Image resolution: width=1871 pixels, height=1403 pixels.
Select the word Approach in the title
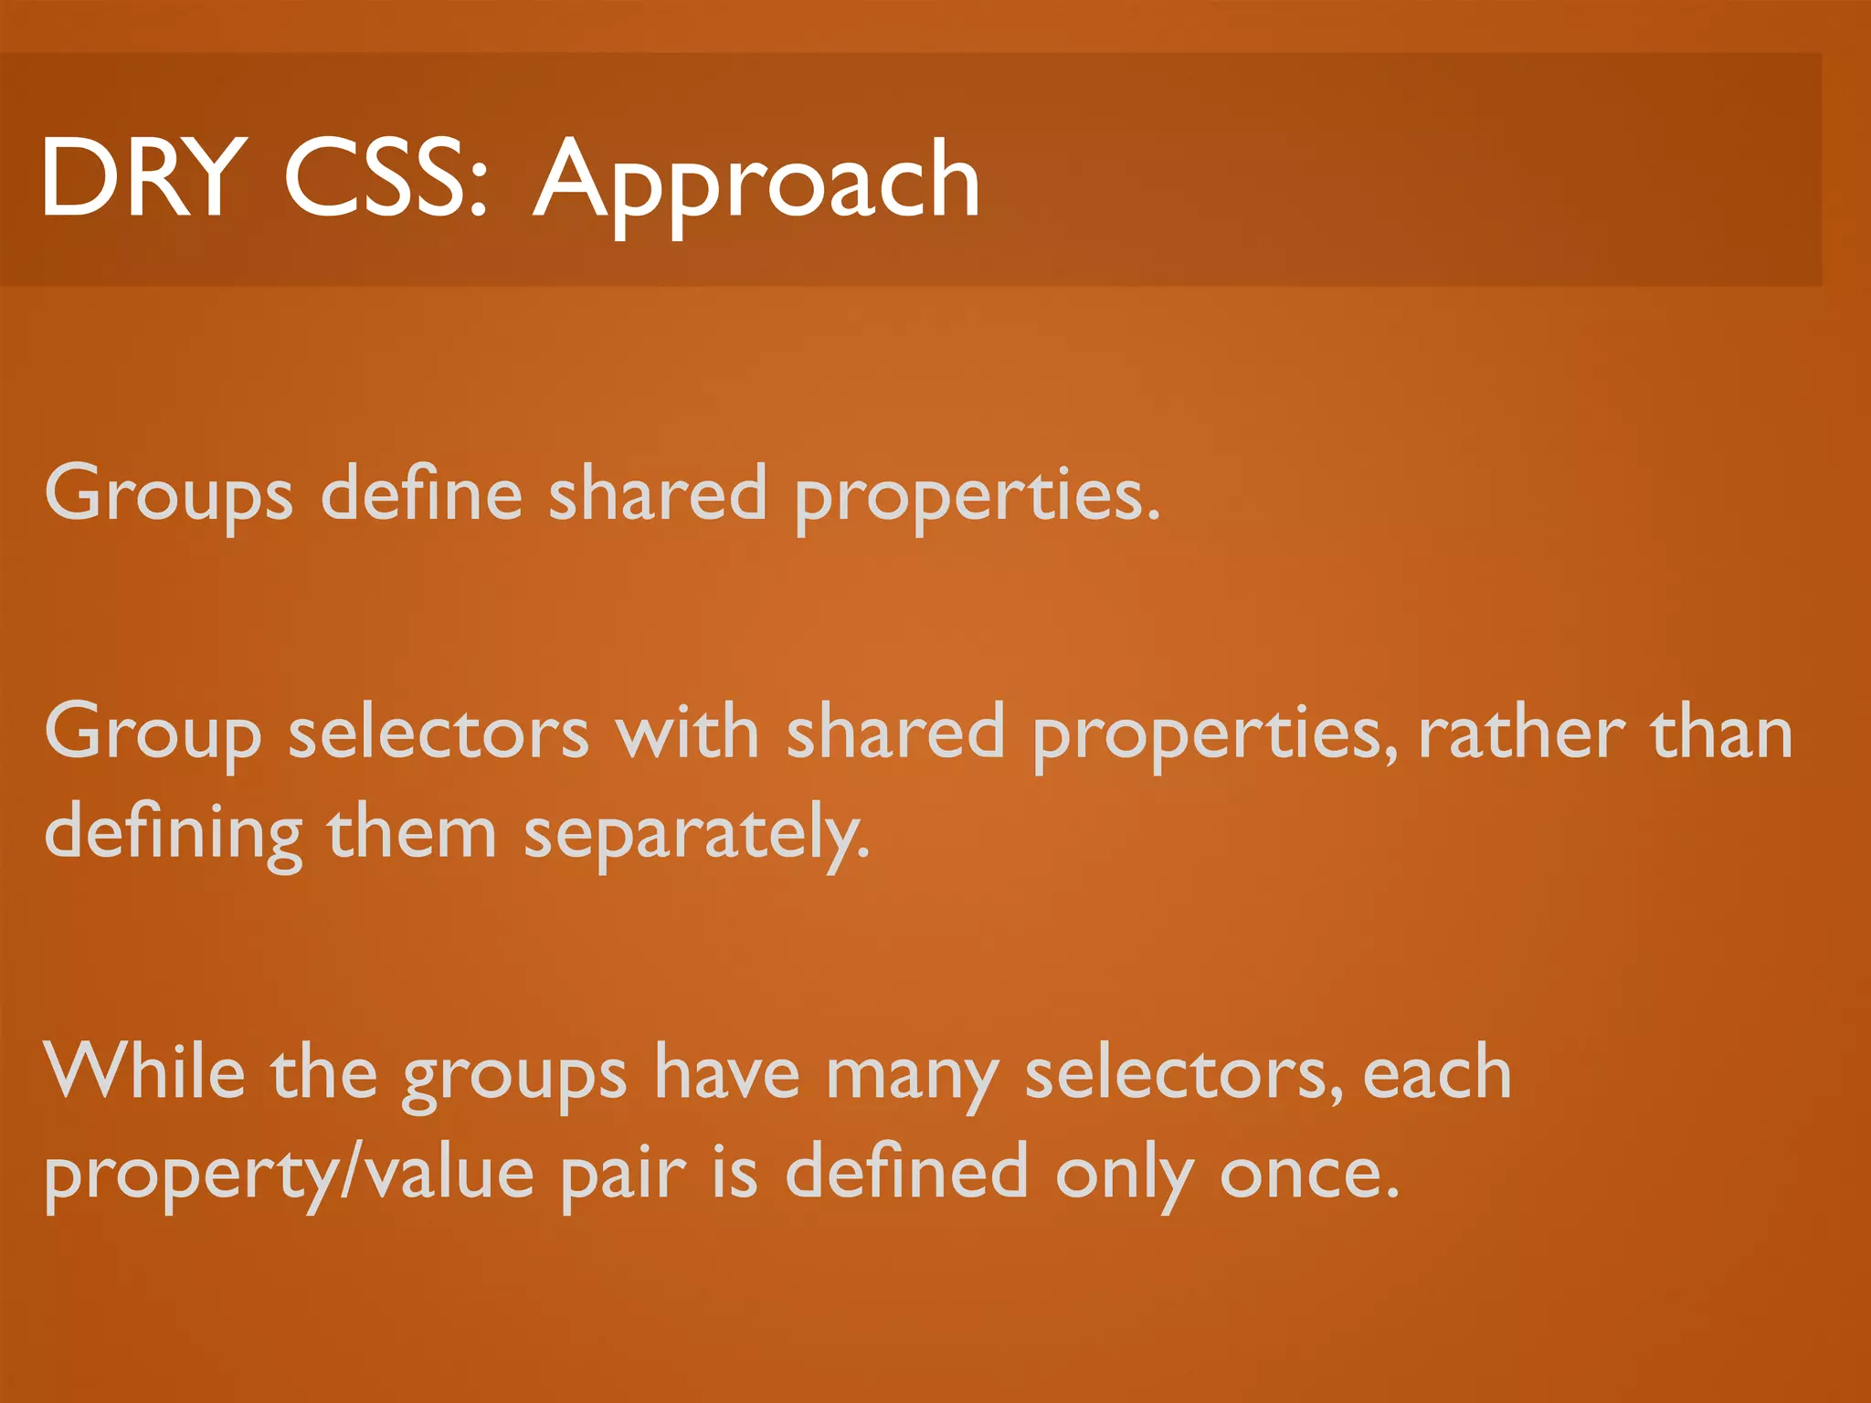click(x=756, y=183)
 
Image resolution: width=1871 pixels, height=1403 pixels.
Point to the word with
click(x=687, y=733)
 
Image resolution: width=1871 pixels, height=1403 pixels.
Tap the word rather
click(x=1521, y=733)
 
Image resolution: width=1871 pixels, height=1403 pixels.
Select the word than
click(x=1721, y=733)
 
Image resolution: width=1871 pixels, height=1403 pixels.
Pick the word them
click(x=411, y=833)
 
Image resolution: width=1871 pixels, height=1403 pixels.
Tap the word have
click(x=727, y=1072)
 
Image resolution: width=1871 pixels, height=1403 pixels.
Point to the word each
click(x=1437, y=1072)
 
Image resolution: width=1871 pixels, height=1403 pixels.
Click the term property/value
click(x=289, y=1175)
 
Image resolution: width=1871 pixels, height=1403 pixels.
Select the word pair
click(x=622, y=1175)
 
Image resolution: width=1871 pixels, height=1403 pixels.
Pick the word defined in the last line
click(x=906, y=1173)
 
